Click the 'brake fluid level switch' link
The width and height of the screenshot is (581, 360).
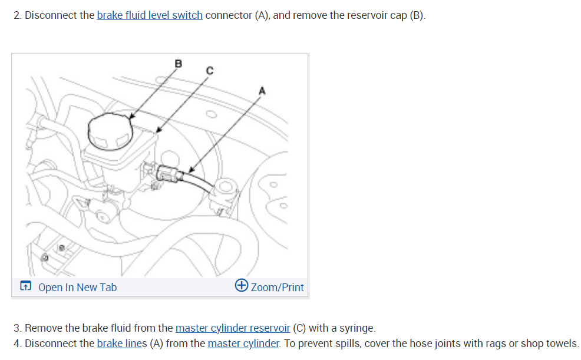149,15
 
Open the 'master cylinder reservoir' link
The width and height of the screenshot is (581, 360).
232,328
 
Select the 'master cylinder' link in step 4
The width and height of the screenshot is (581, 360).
243,344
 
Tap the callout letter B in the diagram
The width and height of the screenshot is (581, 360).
179,63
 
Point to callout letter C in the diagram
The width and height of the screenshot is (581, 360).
209,70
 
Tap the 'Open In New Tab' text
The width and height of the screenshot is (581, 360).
77,288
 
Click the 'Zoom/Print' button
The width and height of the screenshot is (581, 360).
277,288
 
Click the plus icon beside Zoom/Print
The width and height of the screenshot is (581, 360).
241,286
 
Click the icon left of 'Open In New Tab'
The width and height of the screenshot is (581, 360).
25,287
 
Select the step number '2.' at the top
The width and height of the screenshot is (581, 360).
17,15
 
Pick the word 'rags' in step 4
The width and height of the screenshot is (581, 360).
473,344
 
